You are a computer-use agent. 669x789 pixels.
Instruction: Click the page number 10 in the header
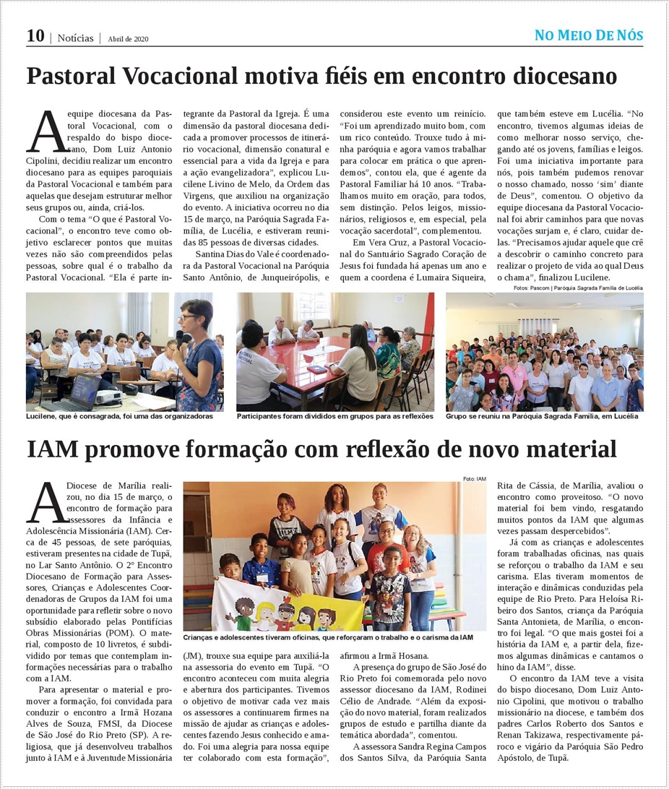[x=35, y=36]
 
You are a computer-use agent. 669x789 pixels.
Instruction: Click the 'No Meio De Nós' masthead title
[x=588, y=35]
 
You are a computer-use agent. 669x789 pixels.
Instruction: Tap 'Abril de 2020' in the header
[x=128, y=39]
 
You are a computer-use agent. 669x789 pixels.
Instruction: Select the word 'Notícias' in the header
[x=75, y=38]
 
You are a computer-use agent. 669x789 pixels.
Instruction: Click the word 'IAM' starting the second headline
[x=53, y=449]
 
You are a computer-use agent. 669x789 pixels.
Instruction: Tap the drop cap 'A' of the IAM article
[x=45, y=504]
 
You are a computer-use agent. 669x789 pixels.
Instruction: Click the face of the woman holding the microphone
[x=195, y=316]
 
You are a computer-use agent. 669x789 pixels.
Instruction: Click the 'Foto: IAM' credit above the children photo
[x=474, y=478]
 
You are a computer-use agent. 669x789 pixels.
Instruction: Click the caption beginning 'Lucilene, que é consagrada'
[x=120, y=417]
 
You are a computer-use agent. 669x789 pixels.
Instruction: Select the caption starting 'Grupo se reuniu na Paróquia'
[x=542, y=417]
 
